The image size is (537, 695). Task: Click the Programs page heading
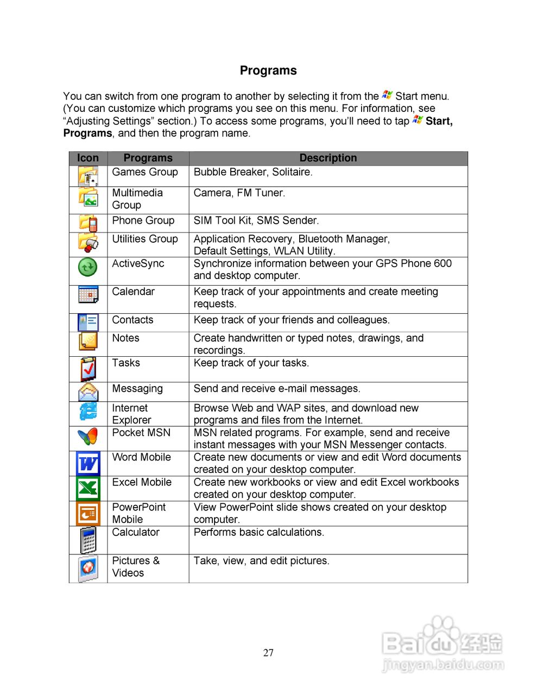pyautogui.click(x=268, y=71)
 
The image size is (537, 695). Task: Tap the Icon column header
pyautogui.click(x=88, y=158)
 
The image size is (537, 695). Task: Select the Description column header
pyautogui.click(x=328, y=158)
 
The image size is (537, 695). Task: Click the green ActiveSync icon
pyautogui.click(x=88, y=267)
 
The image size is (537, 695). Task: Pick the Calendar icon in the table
pyautogui.click(x=88, y=294)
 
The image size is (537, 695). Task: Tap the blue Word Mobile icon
pyautogui.click(x=88, y=464)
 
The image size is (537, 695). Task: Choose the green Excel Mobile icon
pyautogui.click(x=88, y=488)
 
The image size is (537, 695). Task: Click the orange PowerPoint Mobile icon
pyautogui.click(x=88, y=513)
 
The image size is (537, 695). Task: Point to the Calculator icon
pyautogui.click(x=88, y=540)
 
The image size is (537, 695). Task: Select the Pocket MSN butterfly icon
pyautogui.click(x=88, y=437)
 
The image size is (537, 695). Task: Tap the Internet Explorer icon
pyautogui.click(x=88, y=412)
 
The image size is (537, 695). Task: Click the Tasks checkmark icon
pyautogui.click(x=88, y=369)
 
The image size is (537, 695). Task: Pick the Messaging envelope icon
pyautogui.click(x=88, y=391)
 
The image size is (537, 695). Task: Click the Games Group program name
pyautogui.click(x=145, y=172)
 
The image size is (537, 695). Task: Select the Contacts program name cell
pyautogui.click(x=133, y=320)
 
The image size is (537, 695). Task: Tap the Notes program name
pyautogui.click(x=126, y=338)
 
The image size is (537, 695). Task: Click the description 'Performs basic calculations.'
pyautogui.click(x=259, y=533)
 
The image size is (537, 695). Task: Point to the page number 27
pyautogui.click(x=268, y=653)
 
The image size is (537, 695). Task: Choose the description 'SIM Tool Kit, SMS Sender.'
pyautogui.click(x=256, y=220)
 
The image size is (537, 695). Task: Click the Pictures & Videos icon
pyautogui.click(x=88, y=568)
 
